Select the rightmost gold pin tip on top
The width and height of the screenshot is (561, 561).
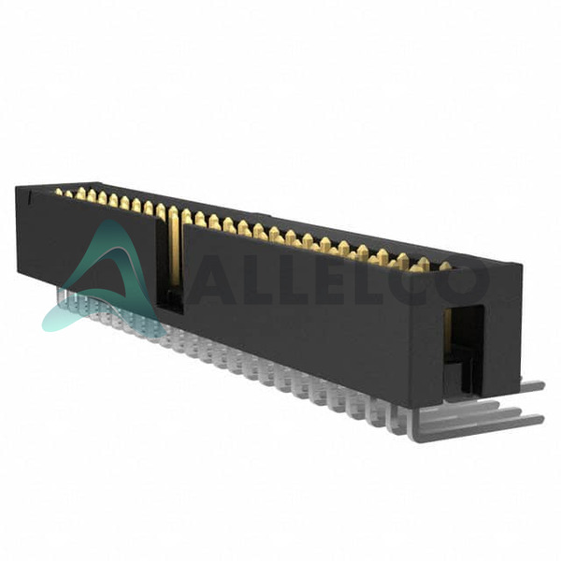[x=445, y=266]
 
